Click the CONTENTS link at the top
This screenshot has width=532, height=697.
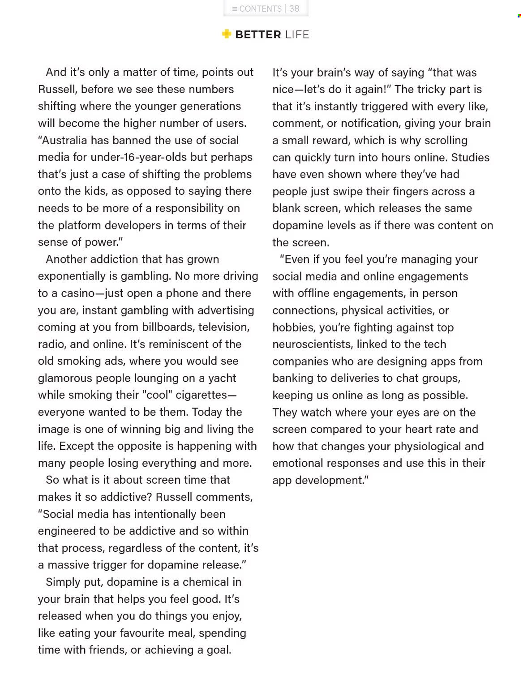(x=257, y=9)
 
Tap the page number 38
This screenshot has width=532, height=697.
(x=294, y=9)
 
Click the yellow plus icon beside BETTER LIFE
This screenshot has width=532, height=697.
(x=227, y=34)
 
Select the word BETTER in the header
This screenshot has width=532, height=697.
(x=258, y=34)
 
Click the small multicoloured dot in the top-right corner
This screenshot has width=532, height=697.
(x=519, y=16)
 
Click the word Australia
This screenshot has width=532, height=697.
(x=64, y=140)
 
